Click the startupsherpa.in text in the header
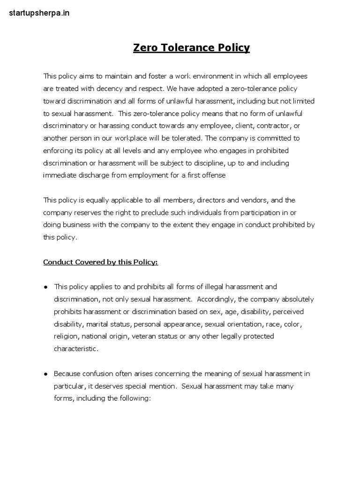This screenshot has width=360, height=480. pos(39,13)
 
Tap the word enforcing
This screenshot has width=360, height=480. pos(58,150)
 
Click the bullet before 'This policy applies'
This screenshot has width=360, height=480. pos(46,287)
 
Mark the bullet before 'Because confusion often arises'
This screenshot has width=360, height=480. pos(46,374)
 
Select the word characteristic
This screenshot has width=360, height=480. pos(76,349)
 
